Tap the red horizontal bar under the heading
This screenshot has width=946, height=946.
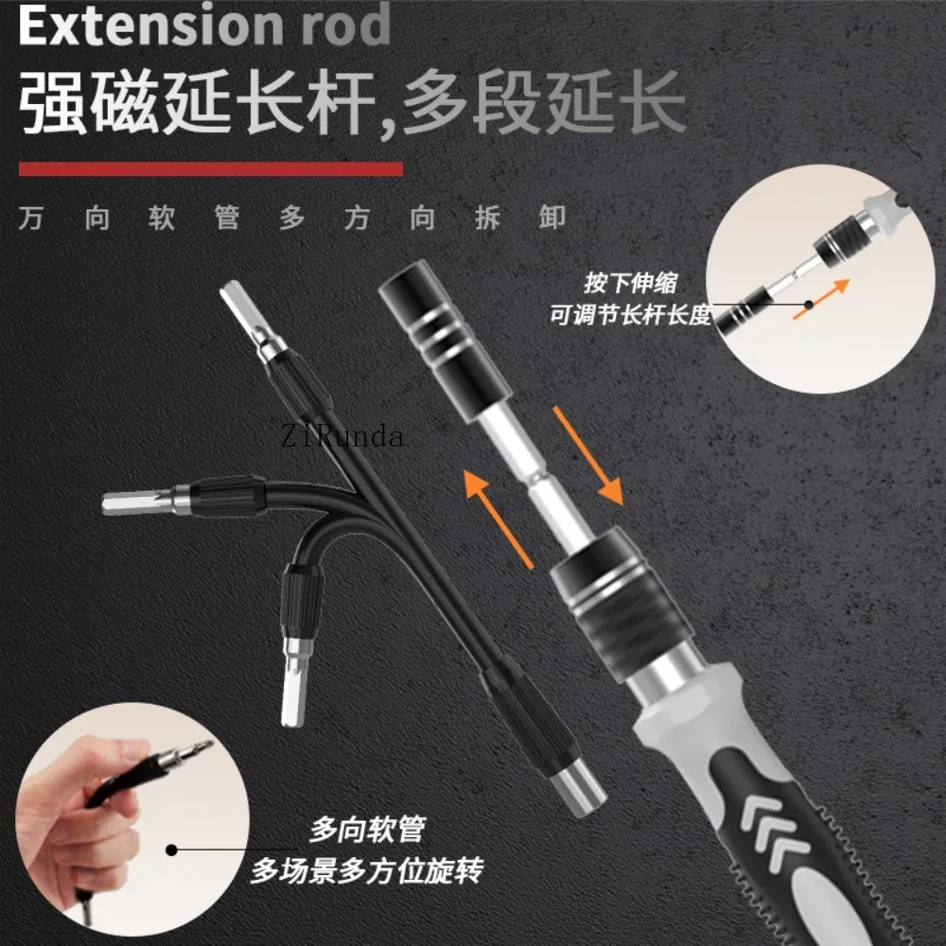click(x=211, y=169)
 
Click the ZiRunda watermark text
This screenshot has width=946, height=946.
click(x=342, y=436)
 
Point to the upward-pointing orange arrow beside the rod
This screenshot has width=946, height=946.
click(x=498, y=518)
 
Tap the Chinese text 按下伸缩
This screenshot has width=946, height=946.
click(x=631, y=283)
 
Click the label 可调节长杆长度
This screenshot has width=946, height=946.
click(x=630, y=315)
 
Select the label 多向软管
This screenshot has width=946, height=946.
click(x=368, y=831)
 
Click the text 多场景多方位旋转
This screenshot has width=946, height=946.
click(x=367, y=870)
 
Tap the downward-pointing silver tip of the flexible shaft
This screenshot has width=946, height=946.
click(x=295, y=682)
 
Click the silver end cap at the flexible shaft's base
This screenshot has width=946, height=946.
click(x=578, y=787)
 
